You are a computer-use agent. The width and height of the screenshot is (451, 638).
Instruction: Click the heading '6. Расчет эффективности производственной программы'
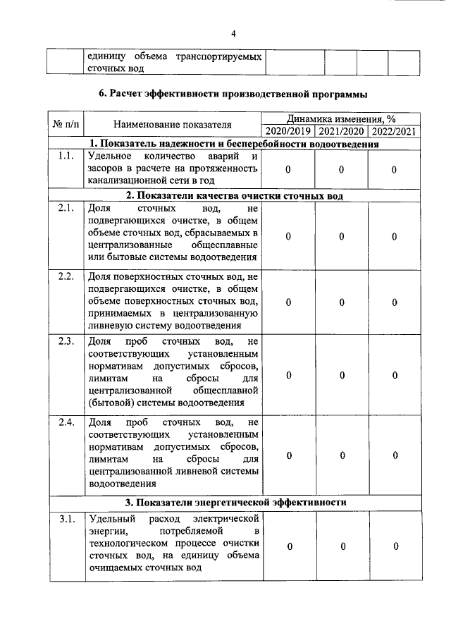coord(233,93)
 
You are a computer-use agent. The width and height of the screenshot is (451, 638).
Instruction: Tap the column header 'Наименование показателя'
coord(173,125)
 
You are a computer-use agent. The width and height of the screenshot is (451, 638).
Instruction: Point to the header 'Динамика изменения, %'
coord(341,118)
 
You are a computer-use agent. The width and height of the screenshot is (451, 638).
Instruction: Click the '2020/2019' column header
coord(288,131)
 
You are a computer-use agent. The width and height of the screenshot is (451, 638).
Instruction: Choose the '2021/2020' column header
coord(341,131)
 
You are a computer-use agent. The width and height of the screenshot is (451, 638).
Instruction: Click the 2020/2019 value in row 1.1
coord(289,170)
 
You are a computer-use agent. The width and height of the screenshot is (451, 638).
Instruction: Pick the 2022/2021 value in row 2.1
coord(395,236)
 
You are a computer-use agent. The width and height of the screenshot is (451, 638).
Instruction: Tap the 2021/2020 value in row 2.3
coord(341,376)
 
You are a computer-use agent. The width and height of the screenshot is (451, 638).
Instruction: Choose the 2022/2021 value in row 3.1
coord(395,546)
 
